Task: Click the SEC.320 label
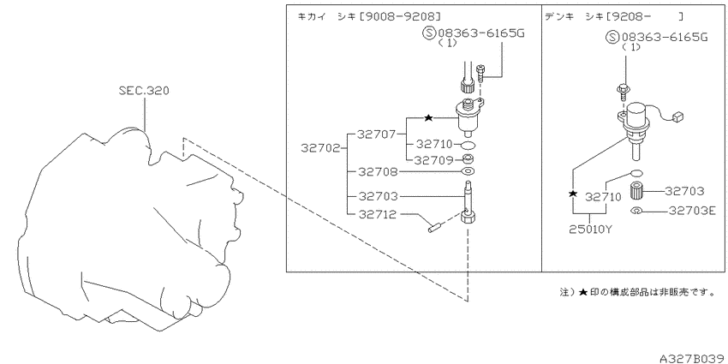click(x=144, y=91)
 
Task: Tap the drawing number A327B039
click(x=693, y=358)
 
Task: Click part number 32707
click(x=376, y=134)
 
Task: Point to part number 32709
click(x=433, y=160)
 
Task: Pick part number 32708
click(x=378, y=172)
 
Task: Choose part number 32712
click(x=378, y=214)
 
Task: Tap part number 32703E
click(x=692, y=211)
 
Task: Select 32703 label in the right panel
click(x=685, y=191)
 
